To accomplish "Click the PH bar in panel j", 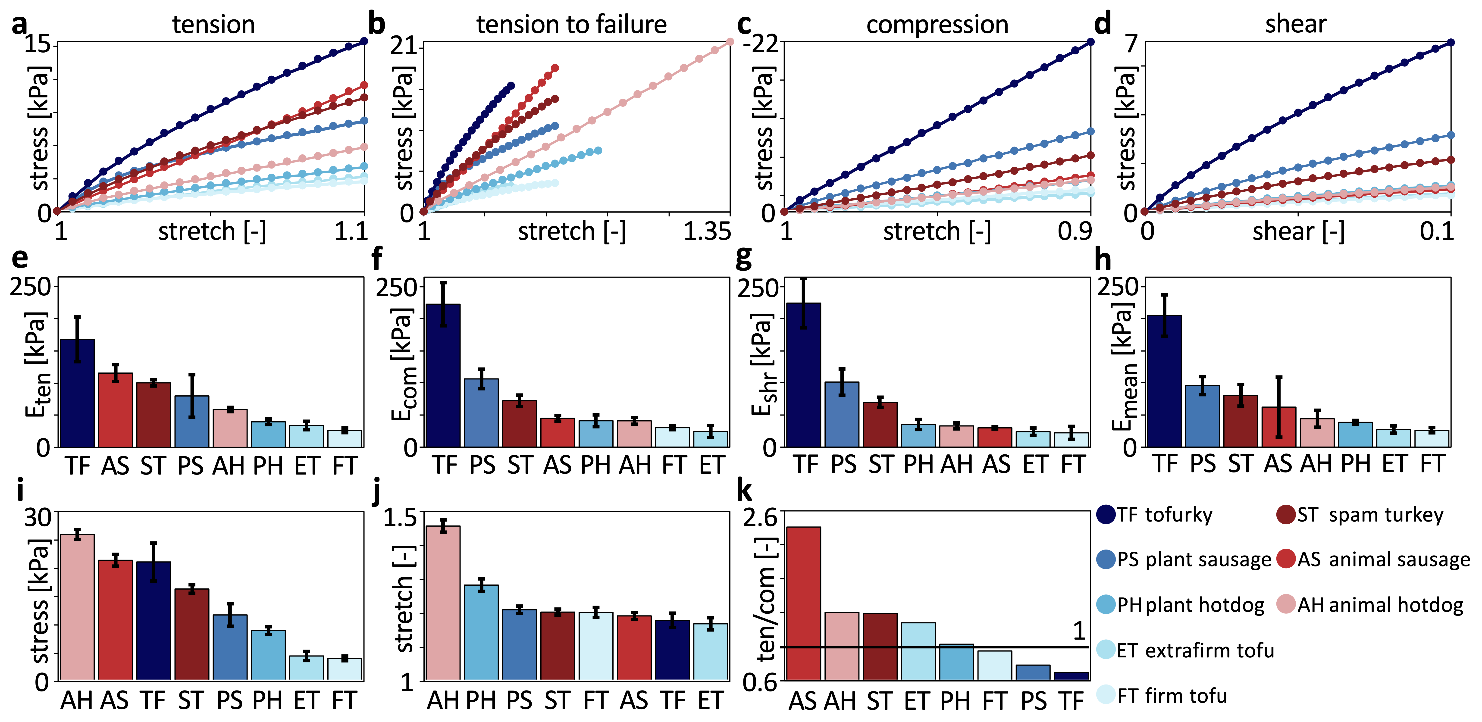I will [x=481, y=633].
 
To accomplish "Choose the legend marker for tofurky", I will [x=1106, y=514].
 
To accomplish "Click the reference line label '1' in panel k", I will [x=1079, y=631].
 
